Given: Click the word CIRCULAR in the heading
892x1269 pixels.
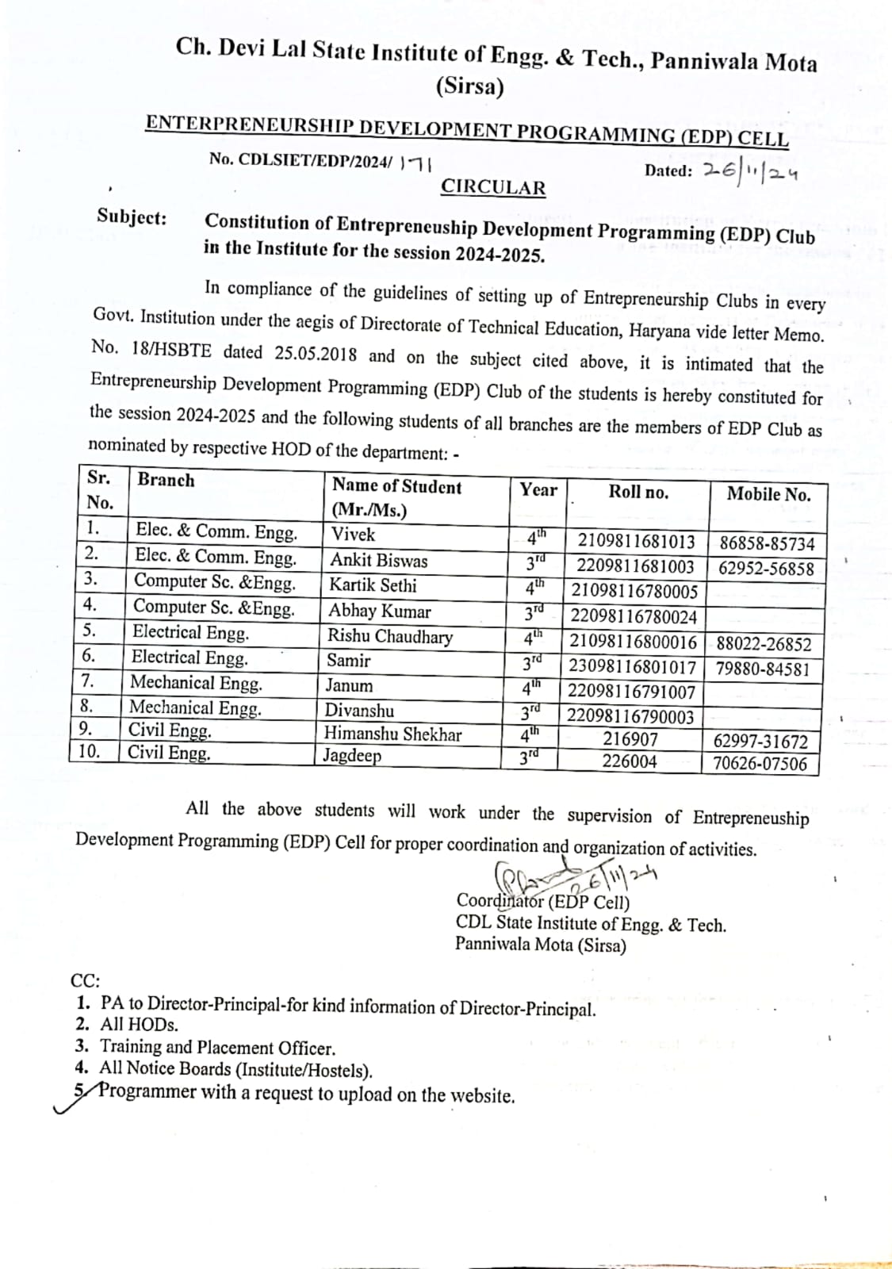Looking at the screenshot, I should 493,188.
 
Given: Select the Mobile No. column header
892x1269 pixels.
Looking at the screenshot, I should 768,495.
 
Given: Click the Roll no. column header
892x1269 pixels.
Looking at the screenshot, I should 638,492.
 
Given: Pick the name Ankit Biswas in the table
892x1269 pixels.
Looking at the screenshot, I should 378,561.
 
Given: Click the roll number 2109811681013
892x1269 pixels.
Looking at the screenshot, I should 636,542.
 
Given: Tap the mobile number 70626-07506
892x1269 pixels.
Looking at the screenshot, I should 760,764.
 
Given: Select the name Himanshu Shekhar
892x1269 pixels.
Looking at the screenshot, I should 392,734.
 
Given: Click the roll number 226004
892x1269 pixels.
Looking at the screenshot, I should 630,761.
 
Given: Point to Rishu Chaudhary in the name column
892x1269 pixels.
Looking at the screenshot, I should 390,636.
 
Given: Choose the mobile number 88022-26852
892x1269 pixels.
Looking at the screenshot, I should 764,644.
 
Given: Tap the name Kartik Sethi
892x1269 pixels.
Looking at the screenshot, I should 373,585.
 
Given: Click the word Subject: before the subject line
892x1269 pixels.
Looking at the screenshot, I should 132,217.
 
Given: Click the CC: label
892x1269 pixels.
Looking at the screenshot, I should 85,980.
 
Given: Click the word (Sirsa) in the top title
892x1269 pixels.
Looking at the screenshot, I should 469,87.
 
